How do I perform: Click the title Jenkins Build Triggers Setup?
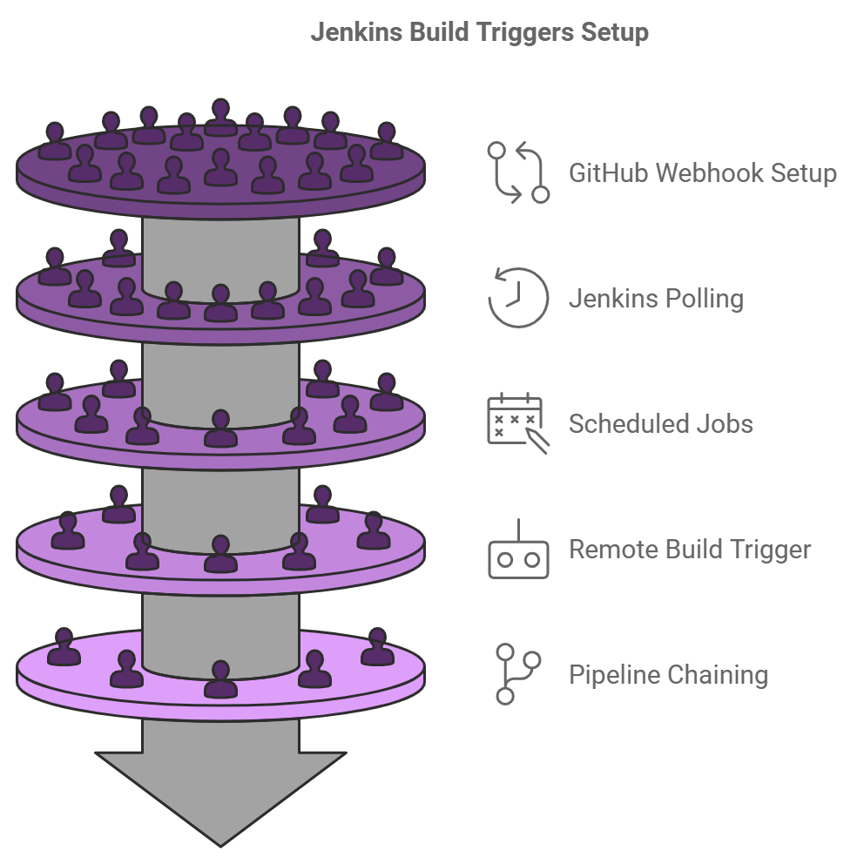point(480,33)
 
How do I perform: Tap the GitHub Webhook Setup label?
point(702,172)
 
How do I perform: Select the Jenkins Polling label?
point(656,299)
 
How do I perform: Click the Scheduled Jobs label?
point(660,424)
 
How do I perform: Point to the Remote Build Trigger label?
point(690,550)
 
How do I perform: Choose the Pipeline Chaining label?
point(668,675)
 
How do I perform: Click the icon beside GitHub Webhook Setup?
point(518,172)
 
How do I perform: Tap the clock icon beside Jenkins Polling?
point(518,298)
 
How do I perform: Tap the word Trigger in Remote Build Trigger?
point(770,550)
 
